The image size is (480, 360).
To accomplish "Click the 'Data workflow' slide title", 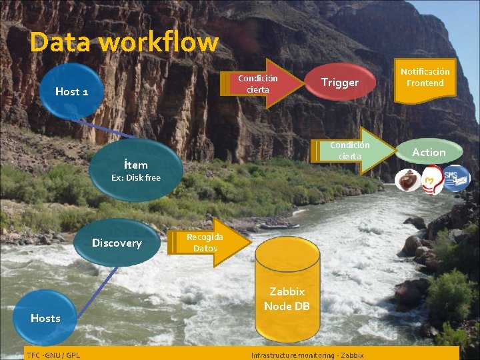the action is (124, 42).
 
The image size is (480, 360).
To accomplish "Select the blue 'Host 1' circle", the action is (72, 91).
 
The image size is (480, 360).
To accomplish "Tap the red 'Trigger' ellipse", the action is (340, 83).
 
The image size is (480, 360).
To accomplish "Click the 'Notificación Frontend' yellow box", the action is (425, 77).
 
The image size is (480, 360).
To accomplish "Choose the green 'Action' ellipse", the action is (429, 153).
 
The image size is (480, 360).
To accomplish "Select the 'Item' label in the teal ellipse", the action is (136, 164).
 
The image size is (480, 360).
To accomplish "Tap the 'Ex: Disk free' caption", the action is (136, 178).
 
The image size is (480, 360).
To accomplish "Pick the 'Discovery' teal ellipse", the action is (117, 243).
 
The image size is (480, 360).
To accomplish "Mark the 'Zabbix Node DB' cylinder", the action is (287, 299).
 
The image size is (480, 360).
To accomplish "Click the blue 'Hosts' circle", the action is (45, 318).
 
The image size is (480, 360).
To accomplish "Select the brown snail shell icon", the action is (407, 181).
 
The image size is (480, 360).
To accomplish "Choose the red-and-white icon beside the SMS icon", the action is (431, 181).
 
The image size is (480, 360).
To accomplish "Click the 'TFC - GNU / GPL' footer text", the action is (53, 355).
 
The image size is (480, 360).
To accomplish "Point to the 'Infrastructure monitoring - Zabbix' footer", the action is (307, 355).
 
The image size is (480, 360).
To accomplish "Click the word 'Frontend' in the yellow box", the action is (425, 83).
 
